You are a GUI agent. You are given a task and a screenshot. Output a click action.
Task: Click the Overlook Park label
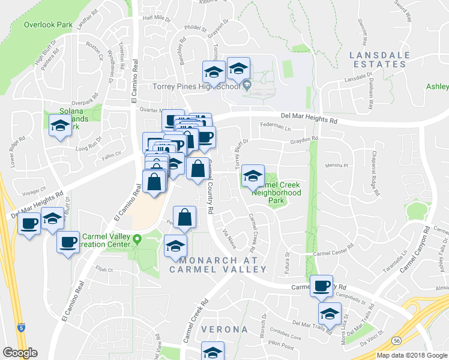[47, 25]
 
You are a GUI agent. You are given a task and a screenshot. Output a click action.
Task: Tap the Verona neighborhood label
[224, 329]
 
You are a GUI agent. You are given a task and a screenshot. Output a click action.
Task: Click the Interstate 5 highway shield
[22, 328]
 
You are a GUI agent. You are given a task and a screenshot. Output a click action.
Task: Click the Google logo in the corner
[20, 353]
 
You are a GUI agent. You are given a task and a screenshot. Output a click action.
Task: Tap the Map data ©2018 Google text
[411, 355]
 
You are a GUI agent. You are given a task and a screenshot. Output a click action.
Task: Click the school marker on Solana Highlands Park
[59, 125]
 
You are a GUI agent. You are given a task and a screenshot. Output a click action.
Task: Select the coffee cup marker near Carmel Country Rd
[321, 285]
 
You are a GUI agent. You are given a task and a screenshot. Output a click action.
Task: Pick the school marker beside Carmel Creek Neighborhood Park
[253, 175]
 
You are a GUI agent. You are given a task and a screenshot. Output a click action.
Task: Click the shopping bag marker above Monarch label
[185, 217]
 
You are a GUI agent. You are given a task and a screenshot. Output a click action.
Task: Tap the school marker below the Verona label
[212, 350]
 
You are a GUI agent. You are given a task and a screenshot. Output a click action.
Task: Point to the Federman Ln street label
[275, 128]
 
